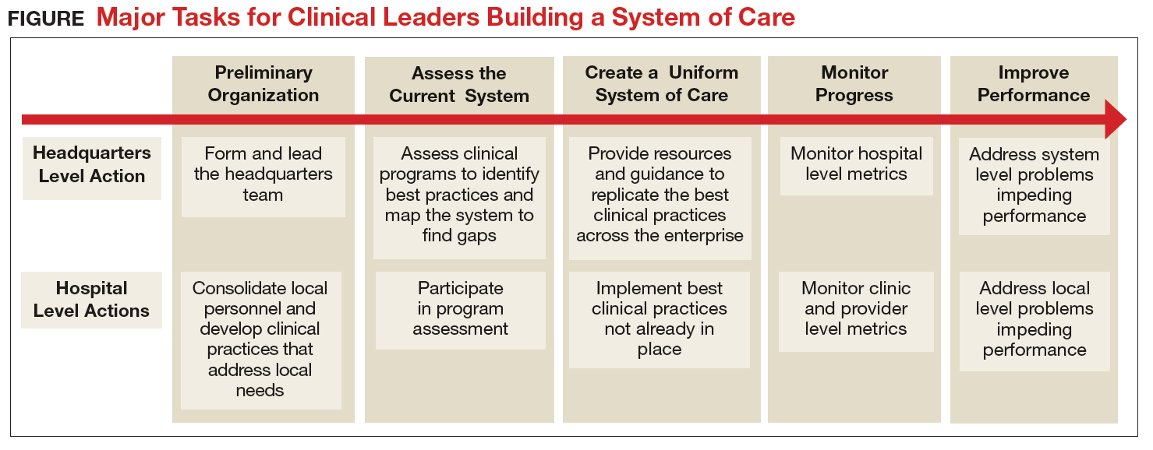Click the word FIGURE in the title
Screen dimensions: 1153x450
point(46,19)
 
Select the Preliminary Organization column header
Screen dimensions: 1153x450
point(263,84)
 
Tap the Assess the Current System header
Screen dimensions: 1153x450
point(459,84)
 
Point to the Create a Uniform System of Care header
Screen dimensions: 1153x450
point(661,84)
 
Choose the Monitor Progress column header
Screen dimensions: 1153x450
point(854,84)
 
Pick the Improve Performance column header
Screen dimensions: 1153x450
point(1034,84)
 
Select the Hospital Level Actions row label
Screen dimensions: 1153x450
point(92,300)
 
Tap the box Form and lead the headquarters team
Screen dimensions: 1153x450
point(263,177)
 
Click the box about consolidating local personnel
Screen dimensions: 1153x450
point(261,340)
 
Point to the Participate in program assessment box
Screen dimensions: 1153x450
point(460,311)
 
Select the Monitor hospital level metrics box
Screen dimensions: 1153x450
point(857,166)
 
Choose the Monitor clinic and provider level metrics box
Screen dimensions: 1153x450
point(856,311)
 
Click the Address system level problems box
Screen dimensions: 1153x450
point(1034,186)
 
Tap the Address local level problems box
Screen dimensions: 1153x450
point(1035,322)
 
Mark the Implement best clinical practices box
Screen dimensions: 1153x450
point(660,320)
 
